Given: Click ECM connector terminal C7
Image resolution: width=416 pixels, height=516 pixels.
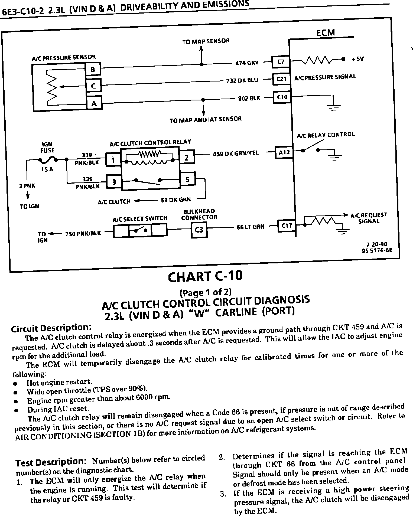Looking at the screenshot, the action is tap(281, 62).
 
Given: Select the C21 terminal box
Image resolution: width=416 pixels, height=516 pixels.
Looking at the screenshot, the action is tap(281, 79).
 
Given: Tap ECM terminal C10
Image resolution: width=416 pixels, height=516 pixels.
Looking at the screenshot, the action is tap(282, 97).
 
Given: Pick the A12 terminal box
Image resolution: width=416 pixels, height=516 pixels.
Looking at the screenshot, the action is tap(284, 152).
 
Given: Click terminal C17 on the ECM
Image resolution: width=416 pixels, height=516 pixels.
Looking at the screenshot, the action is tap(287, 226).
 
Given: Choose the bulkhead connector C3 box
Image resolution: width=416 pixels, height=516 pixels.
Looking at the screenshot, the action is tap(199, 230).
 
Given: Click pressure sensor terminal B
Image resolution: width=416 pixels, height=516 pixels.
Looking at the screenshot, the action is tap(93, 69).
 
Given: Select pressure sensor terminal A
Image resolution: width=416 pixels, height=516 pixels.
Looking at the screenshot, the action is tap(94, 103).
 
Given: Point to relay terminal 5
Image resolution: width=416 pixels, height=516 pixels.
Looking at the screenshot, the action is tap(187, 179).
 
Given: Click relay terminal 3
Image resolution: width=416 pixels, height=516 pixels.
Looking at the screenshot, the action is tap(114, 182).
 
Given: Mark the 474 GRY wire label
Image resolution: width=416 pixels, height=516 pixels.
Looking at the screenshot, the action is tap(247, 63).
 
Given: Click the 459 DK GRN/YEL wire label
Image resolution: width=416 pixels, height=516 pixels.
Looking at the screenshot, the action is tap(236, 154).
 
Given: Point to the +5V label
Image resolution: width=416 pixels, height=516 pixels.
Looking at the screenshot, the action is tap(358, 59).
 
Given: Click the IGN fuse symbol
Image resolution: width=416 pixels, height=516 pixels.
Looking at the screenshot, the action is tap(48, 160).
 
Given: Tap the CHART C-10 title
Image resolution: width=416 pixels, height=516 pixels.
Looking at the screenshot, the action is tap(205, 276).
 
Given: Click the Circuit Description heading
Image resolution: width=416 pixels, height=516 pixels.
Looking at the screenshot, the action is tap(50, 328).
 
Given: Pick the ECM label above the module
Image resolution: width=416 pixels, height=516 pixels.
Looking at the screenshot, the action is tap(326, 33).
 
